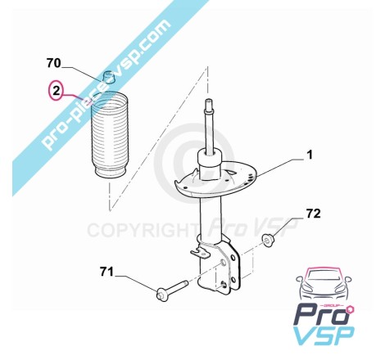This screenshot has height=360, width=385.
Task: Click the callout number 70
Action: (x=53, y=63)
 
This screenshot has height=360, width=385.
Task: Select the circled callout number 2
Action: (x=56, y=90)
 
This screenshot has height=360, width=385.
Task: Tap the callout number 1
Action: (x=310, y=155)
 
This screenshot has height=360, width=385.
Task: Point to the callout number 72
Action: (x=313, y=214)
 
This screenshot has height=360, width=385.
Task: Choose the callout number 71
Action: (x=106, y=272)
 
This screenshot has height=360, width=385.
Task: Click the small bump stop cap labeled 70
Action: (x=109, y=76)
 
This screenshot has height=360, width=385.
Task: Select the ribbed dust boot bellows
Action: (x=109, y=135)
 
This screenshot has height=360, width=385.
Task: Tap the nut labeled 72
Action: (x=266, y=240)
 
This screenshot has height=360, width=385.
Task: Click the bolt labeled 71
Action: (x=171, y=290)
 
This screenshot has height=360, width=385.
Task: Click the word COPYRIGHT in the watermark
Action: (x=143, y=230)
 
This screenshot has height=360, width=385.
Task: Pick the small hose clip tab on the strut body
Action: (x=199, y=251)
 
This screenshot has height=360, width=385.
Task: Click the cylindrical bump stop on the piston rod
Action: (x=209, y=164)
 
